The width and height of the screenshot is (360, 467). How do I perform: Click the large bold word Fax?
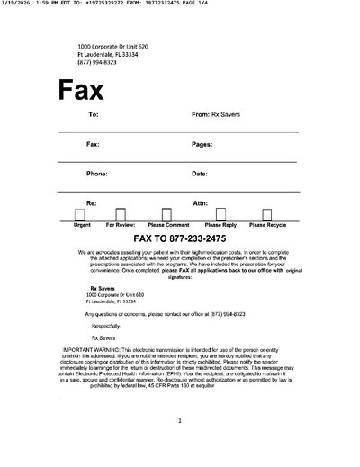click(81, 90)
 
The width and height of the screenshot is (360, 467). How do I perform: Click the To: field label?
click(93, 115)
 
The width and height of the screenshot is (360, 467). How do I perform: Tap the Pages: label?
click(202, 144)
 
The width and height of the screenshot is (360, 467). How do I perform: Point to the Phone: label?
click(96, 173)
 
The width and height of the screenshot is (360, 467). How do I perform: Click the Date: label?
click(200, 173)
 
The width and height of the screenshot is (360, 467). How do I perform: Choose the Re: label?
click(91, 203)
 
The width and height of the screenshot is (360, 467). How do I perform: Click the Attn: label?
click(200, 203)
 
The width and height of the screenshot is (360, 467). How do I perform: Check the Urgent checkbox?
click(80, 214)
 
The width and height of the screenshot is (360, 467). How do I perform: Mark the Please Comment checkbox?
click(168, 214)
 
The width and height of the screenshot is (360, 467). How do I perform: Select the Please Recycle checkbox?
click(266, 214)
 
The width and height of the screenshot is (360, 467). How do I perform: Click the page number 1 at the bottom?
click(180, 420)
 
